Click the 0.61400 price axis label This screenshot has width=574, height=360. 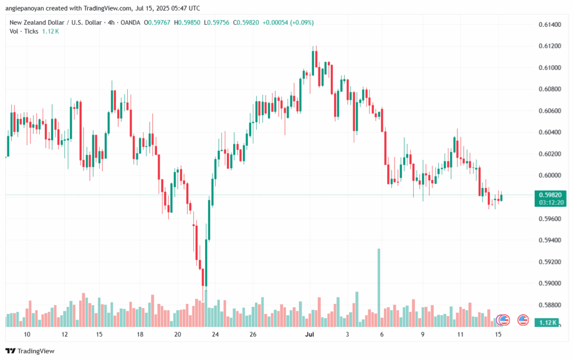[549, 25]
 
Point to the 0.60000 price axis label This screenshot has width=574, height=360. [549, 175]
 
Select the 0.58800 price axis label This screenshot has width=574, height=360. [549, 305]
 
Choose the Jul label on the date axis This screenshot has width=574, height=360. [309, 335]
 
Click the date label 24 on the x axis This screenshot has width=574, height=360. [215, 335]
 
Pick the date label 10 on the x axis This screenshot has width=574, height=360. [27, 335]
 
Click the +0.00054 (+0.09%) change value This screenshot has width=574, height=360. [290, 22]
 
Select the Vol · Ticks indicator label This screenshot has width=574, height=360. [23, 31]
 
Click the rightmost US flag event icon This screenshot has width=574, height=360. [523, 320]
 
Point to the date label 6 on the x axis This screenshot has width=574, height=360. [382, 335]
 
